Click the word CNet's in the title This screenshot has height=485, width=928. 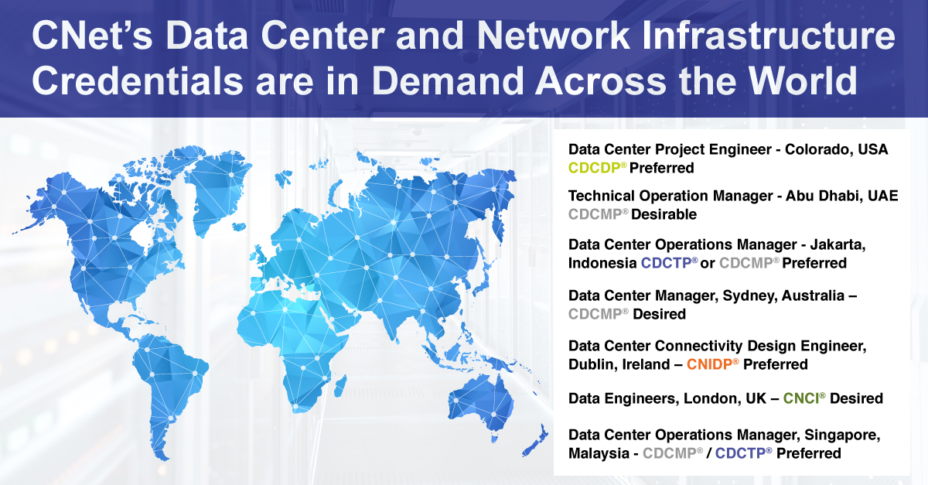(x=92, y=36)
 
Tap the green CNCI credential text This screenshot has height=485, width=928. (x=804, y=398)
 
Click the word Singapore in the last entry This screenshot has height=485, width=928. (x=842, y=435)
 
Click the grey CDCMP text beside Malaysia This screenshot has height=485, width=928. (x=673, y=453)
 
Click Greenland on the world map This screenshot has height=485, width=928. (x=216, y=186)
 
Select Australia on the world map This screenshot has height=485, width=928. (x=483, y=402)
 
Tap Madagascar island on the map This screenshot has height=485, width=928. (x=339, y=385)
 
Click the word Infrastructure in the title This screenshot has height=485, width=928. (x=769, y=36)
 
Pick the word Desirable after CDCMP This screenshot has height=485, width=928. (x=664, y=214)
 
